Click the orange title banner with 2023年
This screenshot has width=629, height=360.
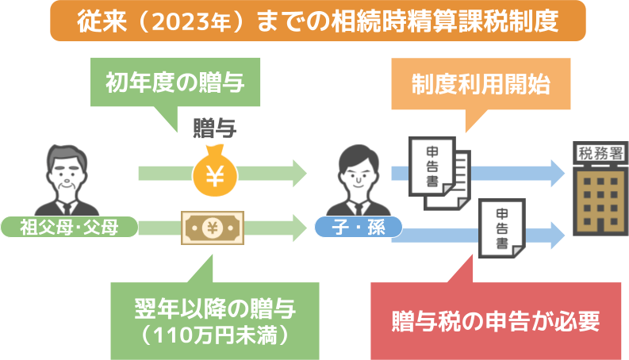click(318, 21)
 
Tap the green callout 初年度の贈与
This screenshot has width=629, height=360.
click(175, 82)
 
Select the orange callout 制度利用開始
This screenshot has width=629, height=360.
click(481, 84)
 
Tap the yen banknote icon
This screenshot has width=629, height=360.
click(213, 228)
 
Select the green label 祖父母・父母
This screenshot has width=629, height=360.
click(69, 228)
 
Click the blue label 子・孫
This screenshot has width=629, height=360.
click(359, 228)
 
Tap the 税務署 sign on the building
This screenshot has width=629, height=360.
click(600, 153)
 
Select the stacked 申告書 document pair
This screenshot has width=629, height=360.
click(439, 173)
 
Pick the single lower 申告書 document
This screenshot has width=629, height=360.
click(502, 228)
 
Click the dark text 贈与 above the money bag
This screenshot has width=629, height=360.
click(215, 128)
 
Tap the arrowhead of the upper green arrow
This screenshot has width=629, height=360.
click(300, 173)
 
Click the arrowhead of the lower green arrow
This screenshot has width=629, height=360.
click(300, 228)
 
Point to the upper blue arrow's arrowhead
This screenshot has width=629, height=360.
click(558, 173)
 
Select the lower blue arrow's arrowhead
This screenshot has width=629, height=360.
click(558, 236)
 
